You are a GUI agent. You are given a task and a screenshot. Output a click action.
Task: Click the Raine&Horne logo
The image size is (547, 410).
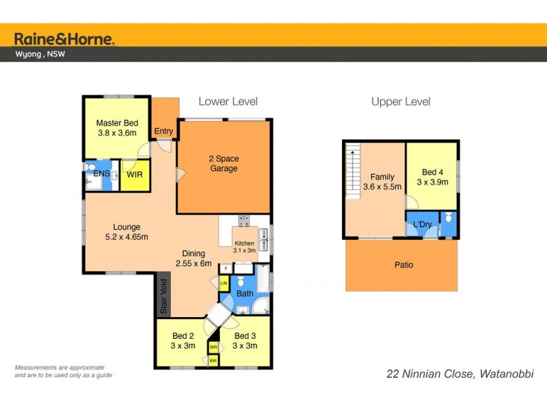pos(64,38)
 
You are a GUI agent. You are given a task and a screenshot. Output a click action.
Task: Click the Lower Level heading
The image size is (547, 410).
pos(228,102)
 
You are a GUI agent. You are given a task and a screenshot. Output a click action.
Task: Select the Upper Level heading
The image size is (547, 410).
pos(401,102)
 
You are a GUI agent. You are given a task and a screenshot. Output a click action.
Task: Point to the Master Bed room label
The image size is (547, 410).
pos(117,128)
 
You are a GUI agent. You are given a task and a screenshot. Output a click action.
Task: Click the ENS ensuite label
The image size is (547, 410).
pos(101,174)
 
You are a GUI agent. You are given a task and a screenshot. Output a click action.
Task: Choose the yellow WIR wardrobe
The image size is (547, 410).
pos(134,174)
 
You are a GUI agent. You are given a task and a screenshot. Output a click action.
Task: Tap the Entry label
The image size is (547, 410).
pos(163,132)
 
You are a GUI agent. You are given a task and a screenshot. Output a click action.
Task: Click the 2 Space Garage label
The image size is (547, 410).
pos(224,163)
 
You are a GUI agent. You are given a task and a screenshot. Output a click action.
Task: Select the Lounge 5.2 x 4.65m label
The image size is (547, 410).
pos(127,232)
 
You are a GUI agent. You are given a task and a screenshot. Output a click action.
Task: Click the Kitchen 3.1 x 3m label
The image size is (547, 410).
pos(244,247)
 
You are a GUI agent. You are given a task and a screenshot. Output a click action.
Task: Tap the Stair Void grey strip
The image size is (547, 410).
pos(163,295)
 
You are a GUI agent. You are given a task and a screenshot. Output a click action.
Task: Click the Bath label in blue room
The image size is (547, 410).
pos(245,294)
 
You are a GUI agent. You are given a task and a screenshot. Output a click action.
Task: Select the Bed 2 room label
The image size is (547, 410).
pos(183,340)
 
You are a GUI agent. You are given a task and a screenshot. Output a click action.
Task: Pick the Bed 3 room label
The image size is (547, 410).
pos(245,340)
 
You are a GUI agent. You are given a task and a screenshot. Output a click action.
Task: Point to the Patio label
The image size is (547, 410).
pos(403,264)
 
